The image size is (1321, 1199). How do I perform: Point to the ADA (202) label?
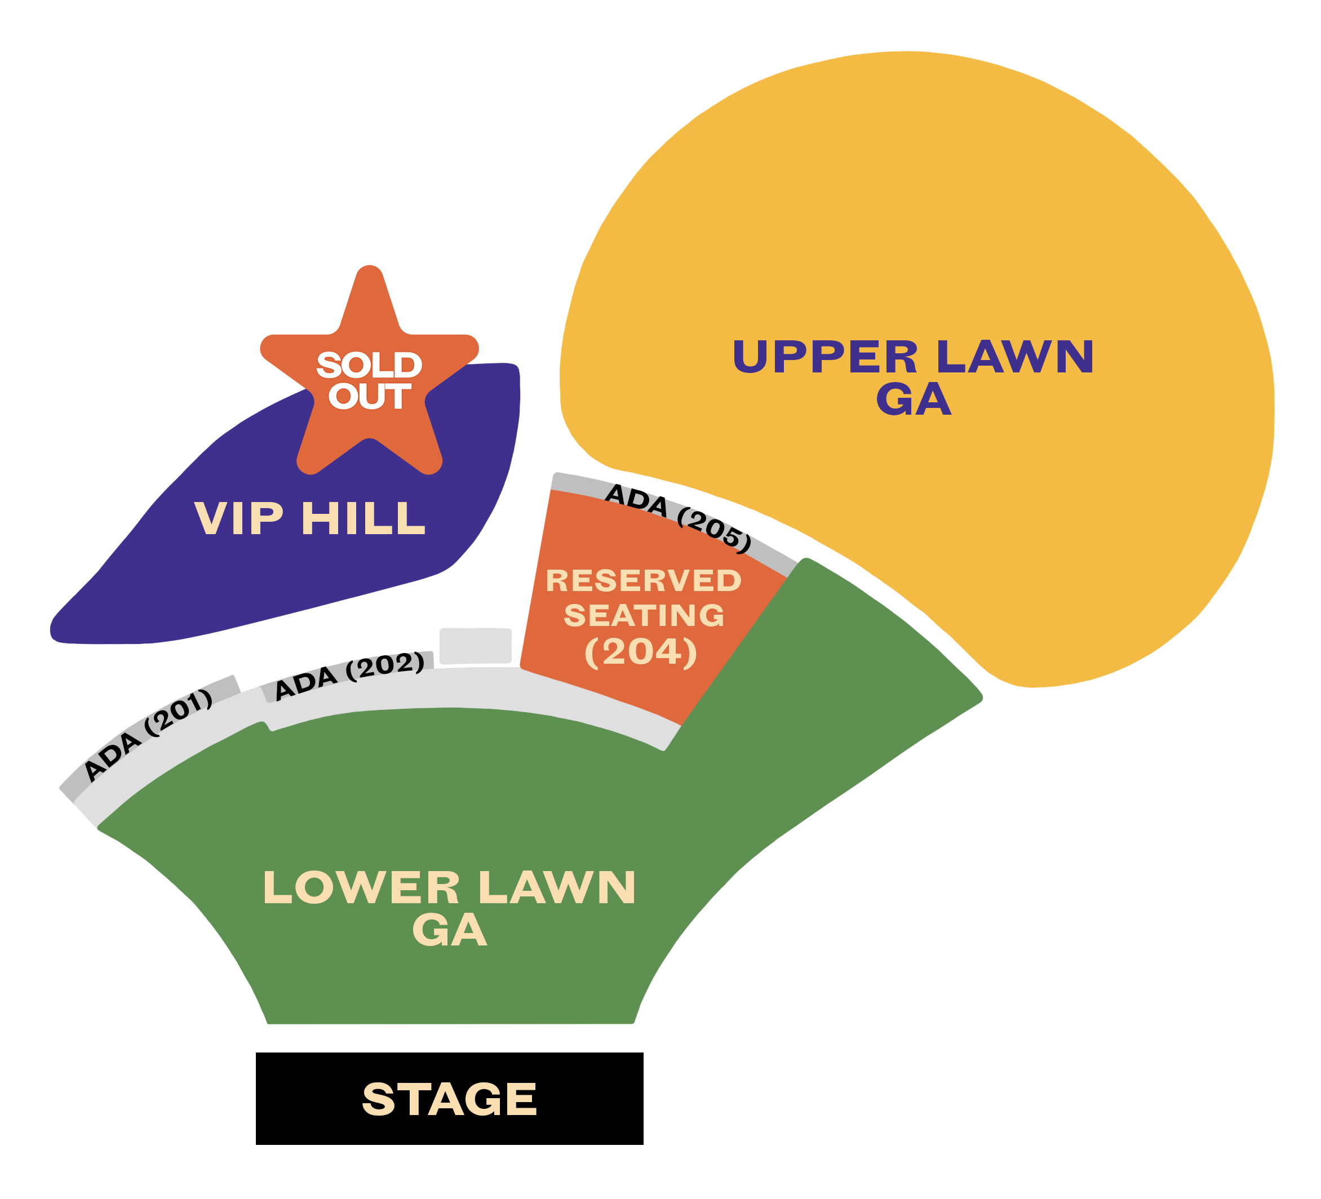[349, 676]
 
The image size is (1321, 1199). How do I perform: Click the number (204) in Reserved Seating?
[640, 651]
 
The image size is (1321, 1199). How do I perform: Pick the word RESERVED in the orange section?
[643, 580]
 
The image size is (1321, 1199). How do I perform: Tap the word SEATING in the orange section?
[644, 615]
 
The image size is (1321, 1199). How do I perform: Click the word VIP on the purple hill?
[238, 518]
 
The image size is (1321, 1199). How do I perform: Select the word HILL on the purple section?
[363, 518]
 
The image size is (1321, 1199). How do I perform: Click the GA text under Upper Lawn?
[914, 399]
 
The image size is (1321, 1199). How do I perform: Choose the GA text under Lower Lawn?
[450, 930]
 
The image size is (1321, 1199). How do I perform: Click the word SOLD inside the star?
[369, 365]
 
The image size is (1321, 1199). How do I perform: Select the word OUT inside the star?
[369, 397]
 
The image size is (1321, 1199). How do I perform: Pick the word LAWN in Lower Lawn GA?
[557, 889]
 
